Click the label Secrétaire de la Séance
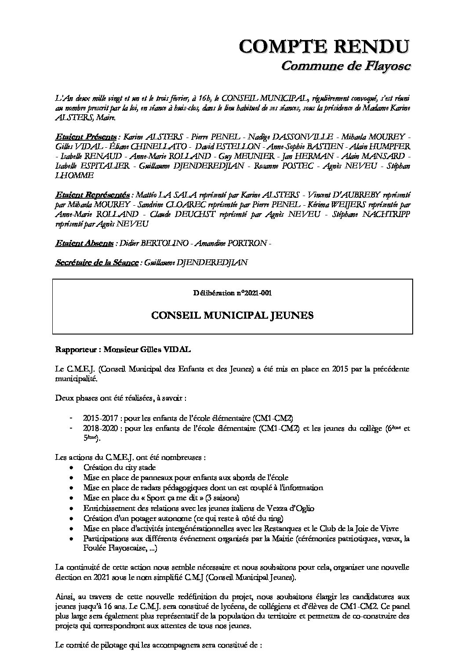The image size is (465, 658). click(x=97, y=263)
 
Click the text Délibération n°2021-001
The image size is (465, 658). click(x=232, y=293)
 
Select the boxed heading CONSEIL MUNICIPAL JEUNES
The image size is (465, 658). click(x=232, y=316)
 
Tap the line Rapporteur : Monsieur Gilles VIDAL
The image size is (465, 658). click(x=124, y=350)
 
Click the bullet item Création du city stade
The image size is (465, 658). click(x=119, y=468)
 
